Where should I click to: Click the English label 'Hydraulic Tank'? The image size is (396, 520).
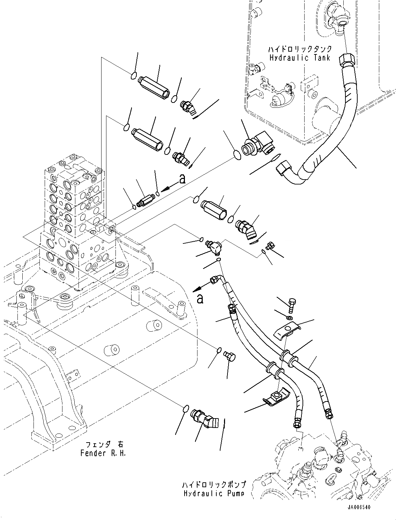point(299,58)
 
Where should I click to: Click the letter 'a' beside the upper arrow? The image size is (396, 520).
point(182,179)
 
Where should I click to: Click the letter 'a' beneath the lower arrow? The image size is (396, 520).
point(200,299)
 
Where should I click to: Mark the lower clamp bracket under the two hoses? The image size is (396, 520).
point(276,397)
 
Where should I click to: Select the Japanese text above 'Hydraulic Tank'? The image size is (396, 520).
point(299,49)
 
